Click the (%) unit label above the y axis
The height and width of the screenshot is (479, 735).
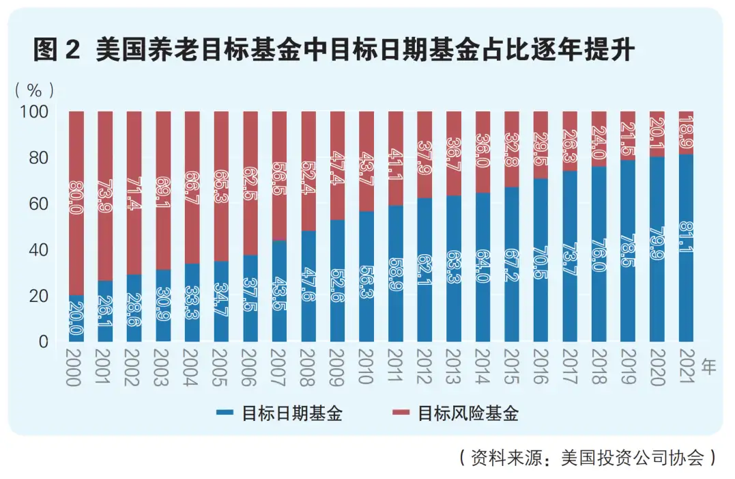(x=35, y=89)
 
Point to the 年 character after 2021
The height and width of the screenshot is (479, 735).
(x=709, y=367)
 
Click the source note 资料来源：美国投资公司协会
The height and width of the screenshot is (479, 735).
(x=588, y=457)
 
